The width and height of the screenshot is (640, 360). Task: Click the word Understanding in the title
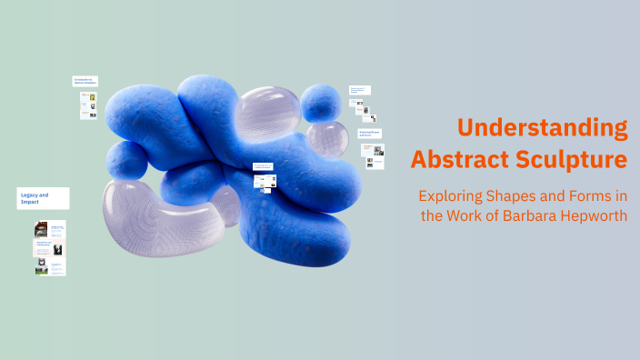click(542, 128)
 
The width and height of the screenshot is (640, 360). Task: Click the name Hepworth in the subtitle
click(595, 216)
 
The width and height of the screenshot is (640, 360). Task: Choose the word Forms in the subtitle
click(588, 195)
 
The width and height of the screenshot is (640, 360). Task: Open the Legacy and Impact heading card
click(43, 197)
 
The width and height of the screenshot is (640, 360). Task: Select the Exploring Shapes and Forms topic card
click(370, 134)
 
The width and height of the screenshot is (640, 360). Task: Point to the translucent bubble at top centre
click(267, 113)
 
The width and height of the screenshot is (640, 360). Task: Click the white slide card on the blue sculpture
click(264, 175)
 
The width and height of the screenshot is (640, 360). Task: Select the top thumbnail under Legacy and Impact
click(50, 228)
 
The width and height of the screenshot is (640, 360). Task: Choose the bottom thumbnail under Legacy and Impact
click(50, 267)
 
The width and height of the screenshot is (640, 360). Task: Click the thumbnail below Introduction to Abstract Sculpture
click(88, 105)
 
